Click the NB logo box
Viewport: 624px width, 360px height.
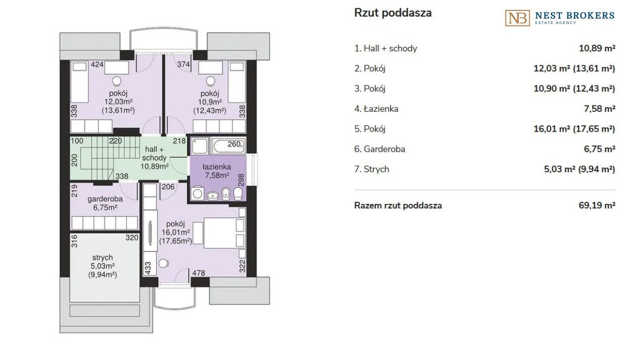[517, 18]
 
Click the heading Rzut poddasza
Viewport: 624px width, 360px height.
[393, 13]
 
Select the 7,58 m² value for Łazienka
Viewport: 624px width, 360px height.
[600, 109]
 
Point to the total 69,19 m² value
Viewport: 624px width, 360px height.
[597, 205]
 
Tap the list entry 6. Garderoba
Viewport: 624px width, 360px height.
[380, 149]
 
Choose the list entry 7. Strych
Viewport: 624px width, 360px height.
[372, 169]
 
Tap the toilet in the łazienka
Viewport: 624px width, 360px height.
[238, 194]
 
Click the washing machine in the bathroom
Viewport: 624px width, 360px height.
[197, 193]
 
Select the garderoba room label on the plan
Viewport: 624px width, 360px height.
[105, 199]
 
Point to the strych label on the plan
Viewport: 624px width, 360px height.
[102, 257]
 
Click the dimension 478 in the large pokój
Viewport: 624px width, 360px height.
[199, 273]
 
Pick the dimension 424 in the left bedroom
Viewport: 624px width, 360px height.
[97, 65]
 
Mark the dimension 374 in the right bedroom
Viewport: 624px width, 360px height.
[184, 65]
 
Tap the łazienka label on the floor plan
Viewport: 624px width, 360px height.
[217, 167]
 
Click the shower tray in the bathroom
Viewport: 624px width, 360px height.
[200, 146]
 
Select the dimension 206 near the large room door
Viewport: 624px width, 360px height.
[168, 187]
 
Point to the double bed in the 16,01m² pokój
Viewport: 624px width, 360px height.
[225, 233]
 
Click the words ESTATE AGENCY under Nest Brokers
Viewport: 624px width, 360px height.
[555, 22]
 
